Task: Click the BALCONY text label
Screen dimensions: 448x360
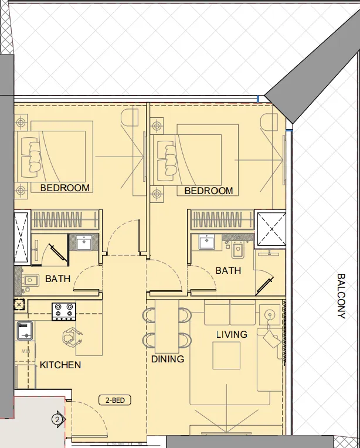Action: click(x=341, y=296)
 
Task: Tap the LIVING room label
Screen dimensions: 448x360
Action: click(x=232, y=334)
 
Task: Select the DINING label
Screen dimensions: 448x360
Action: click(x=167, y=359)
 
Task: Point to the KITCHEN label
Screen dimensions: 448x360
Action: click(x=60, y=365)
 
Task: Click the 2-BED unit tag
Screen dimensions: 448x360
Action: click(x=115, y=401)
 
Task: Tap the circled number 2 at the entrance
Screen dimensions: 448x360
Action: click(x=57, y=419)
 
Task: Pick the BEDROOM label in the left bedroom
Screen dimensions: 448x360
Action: click(x=65, y=188)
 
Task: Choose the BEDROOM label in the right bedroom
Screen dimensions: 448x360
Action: click(x=208, y=191)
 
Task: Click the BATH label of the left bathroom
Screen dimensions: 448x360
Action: click(x=57, y=279)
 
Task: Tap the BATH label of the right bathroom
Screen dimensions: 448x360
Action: click(x=227, y=270)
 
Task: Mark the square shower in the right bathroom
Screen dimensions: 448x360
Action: click(x=271, y=228)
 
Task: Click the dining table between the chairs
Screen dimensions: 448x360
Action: click(x=167, y=328)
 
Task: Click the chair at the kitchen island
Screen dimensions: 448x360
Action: click(x=73, y=337)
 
